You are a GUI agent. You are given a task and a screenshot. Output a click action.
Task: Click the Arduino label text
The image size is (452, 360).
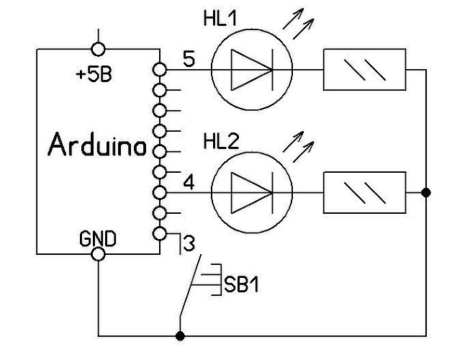(97, 146)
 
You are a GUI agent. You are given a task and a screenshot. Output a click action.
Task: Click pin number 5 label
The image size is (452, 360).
(188, 60)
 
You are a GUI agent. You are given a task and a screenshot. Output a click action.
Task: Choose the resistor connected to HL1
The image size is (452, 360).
(364, 70)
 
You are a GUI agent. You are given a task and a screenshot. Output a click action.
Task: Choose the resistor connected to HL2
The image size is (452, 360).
(364, 193)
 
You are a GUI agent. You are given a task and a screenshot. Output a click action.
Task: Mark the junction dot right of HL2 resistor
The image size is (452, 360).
(426, 193)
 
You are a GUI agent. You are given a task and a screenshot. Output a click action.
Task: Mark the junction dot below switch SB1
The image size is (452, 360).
(179, 336)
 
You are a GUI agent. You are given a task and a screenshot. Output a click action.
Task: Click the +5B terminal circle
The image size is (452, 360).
(98, 48)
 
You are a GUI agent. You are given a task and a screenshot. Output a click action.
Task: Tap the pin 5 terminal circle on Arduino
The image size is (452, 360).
(160, 70)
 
